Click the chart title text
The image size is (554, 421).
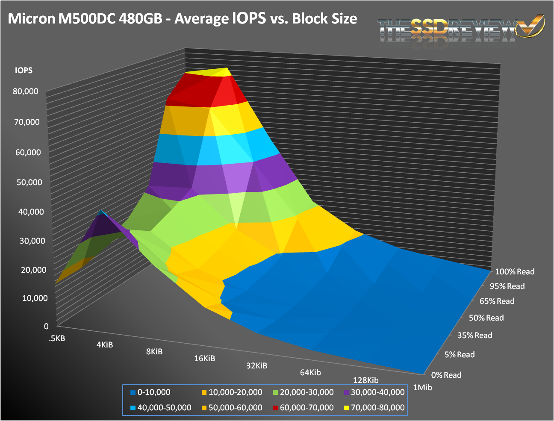coord(183,19)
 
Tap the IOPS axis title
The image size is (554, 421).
coord(24,71)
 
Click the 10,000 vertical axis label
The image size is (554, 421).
coord(35,298)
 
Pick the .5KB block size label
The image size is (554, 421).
coord(57,339)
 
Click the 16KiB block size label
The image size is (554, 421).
coord(204,358)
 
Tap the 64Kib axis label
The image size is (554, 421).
coord(310,372)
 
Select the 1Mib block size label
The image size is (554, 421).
coord(422,388)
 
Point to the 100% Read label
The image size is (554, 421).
coord(515,272)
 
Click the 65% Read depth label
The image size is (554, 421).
coord(497,301)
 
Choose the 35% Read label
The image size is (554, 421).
coord(474,336)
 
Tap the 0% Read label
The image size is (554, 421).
coord(446,375)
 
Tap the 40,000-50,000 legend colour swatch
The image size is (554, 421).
coord(133,408)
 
